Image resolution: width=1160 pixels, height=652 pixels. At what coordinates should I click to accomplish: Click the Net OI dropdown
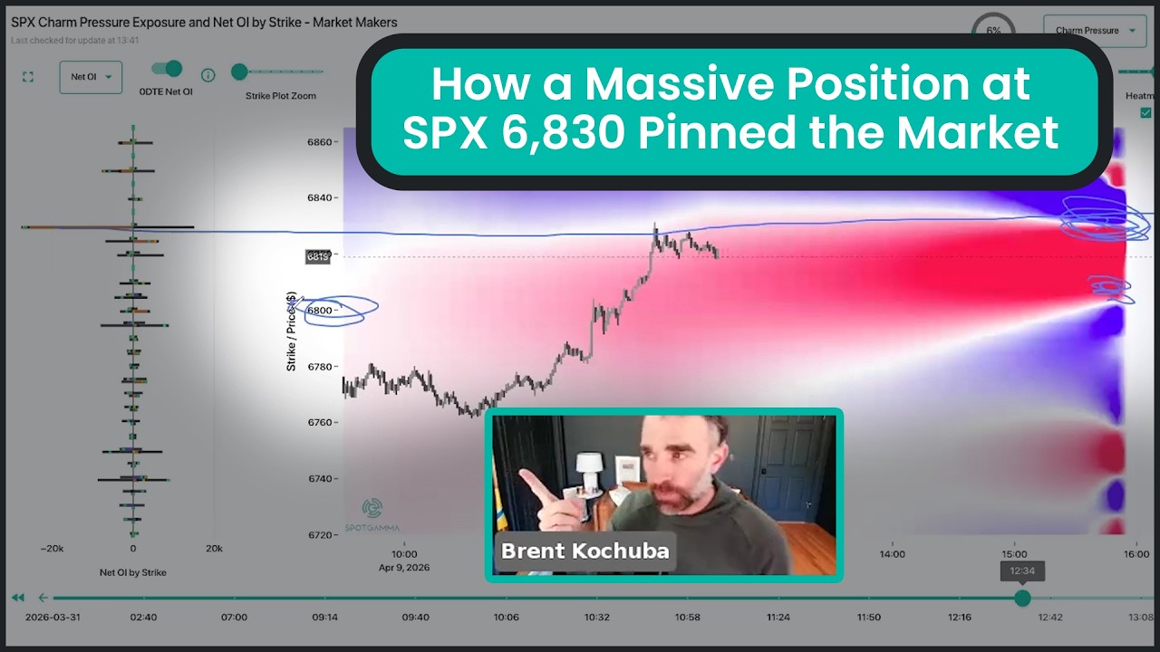click(91, 77)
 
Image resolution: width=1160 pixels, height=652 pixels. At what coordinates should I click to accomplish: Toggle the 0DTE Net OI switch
click(167, 69)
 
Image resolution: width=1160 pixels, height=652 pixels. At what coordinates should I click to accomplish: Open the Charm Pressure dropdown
click(1095, 31)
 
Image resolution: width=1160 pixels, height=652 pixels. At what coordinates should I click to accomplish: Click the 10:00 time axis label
click(404, 554)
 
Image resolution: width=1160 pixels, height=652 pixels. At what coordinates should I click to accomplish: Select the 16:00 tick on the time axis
click(1136, 554)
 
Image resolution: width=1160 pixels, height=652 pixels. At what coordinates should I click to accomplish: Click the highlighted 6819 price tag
click(318, 256)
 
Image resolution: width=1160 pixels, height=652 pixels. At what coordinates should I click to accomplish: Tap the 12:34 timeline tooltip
click(1022, 571)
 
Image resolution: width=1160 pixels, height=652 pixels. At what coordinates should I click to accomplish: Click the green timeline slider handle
click(1022, 598)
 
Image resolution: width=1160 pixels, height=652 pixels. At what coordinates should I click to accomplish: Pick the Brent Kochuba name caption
click(585, 551)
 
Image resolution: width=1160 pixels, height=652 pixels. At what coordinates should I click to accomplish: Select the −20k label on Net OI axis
click(52, 549)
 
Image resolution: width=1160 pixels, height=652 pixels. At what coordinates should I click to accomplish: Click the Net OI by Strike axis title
click(132, 572)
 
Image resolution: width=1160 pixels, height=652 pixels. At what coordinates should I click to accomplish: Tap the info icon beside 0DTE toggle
click(208, 75)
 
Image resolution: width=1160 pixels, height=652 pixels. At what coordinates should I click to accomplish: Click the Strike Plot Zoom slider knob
click(239, 72)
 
